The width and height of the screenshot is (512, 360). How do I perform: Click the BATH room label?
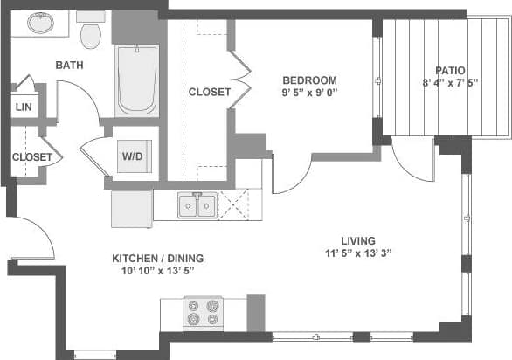tap(69, 65)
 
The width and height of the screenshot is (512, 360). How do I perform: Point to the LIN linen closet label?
tap(23, 107)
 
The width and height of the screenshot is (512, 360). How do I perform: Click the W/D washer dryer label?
tap(133, 156)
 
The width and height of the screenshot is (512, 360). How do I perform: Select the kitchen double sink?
tap(197, 206)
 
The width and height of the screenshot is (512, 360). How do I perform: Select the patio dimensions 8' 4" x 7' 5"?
tap(450, 84)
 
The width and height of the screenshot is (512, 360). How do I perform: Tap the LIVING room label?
tap(358, 240)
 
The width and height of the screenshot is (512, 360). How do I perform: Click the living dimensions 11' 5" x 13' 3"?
tap(358, 254)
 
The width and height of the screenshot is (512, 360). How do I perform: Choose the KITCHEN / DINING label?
tap(157, 258)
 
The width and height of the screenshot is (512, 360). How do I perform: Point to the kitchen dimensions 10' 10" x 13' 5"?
tap(157, 271)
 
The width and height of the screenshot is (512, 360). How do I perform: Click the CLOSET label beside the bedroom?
tap(210, 92)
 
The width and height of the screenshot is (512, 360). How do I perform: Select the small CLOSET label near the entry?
tap(32, 157)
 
